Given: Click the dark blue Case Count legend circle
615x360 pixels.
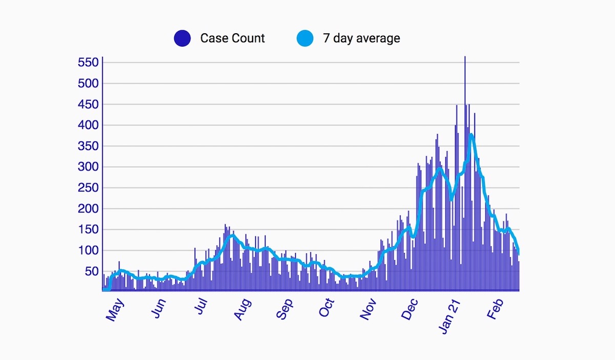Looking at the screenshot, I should coord(182,38).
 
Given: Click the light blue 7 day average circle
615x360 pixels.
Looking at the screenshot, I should coord(305,38).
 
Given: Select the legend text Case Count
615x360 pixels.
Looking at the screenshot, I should coord(233,38).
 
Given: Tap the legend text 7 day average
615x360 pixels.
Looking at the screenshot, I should coord(361,38).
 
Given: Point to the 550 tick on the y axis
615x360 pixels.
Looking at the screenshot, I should coord(88,62).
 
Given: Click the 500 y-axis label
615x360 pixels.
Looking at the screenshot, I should coord(88,83).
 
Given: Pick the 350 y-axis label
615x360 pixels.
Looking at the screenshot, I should coord(88,146).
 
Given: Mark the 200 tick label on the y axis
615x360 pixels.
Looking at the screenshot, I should coord(88,209).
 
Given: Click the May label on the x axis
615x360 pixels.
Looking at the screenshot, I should coord(115,309).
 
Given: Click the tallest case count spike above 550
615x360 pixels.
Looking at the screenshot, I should coord(465,59).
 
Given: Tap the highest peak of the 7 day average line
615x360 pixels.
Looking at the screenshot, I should coord(471,135).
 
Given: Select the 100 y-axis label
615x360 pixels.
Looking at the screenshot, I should coord(88,250).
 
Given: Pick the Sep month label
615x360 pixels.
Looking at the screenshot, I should coord(285,309).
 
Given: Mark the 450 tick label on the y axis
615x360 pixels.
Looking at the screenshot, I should coord(88,104).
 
